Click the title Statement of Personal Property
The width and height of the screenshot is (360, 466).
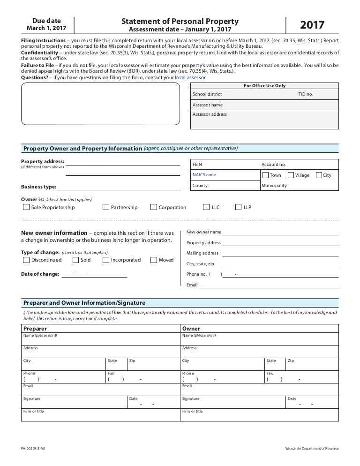[180, 21]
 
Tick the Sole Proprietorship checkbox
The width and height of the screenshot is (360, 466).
[26, 207]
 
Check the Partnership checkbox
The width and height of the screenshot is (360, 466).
[106, 207]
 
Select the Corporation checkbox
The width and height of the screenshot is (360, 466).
[154, 207]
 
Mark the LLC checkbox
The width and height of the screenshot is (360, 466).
[206, 207]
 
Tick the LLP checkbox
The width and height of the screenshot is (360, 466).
[239, 207]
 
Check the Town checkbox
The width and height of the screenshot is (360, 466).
[265, 175]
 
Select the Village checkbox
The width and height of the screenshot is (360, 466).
[291, 175]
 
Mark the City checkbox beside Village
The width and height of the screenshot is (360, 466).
[319, 175]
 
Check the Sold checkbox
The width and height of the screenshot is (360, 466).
[75, 260]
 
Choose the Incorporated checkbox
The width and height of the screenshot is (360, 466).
[106, 260]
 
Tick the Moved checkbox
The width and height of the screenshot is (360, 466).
[154, 260]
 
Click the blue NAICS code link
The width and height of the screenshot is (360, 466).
[204, 175]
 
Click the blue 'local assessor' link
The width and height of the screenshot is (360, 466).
[190, 77]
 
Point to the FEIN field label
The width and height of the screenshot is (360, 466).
[197, 165]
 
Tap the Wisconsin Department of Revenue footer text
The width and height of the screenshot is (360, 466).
[312, 449]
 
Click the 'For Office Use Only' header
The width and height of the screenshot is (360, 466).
[265, 86]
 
